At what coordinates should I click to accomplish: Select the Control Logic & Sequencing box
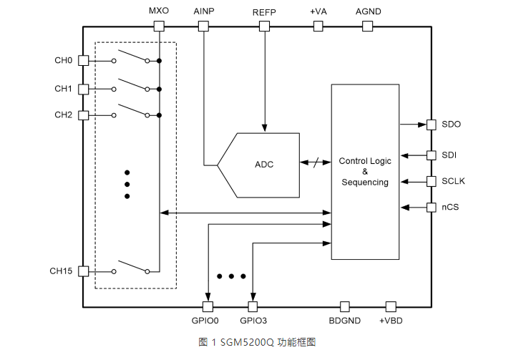click(364, 172)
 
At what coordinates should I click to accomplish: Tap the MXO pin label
click(159, 12)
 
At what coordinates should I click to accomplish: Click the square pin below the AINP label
click(203, 26)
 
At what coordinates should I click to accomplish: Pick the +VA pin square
click(318, 26)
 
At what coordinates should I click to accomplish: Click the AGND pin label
click(368, 12)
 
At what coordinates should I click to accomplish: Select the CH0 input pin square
click(83, 61)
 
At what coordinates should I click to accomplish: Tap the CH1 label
click(63, 89)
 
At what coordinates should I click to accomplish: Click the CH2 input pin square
click(83, 115)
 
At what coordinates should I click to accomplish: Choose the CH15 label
click(61, 271)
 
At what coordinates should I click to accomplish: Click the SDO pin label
click(451, 125)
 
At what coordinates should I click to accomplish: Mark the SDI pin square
click(432, 155)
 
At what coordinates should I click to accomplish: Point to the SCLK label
click(453, 181)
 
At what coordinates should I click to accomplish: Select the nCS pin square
click(432, 208)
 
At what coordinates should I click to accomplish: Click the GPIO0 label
click(208, 321)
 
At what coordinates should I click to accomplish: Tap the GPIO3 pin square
click(253, 306)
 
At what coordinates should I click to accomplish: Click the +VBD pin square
click(391, 306)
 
